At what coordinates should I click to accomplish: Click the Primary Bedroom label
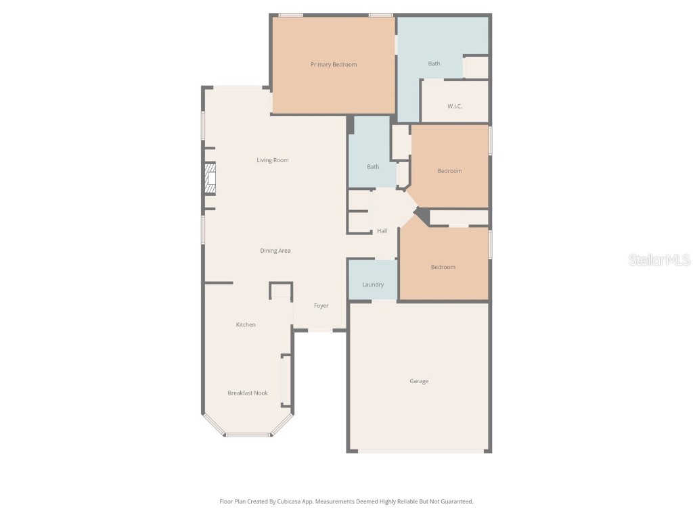333,65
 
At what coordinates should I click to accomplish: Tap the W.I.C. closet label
455,107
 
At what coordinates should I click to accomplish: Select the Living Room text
272,161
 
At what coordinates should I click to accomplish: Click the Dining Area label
275,251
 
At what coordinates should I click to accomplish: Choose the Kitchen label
246,325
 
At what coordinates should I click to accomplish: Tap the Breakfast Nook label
248,393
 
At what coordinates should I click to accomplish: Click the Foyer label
321,306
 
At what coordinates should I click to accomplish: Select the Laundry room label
373,285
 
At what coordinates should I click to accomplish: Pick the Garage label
419,382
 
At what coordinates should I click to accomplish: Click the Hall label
382,231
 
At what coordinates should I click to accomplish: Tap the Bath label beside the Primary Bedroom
434,64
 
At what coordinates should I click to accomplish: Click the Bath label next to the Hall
373,167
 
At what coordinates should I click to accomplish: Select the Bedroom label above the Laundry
443,268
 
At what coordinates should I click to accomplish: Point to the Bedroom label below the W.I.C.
449,171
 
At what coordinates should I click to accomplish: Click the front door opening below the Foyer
320,330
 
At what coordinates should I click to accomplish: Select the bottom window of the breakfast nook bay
248,435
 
